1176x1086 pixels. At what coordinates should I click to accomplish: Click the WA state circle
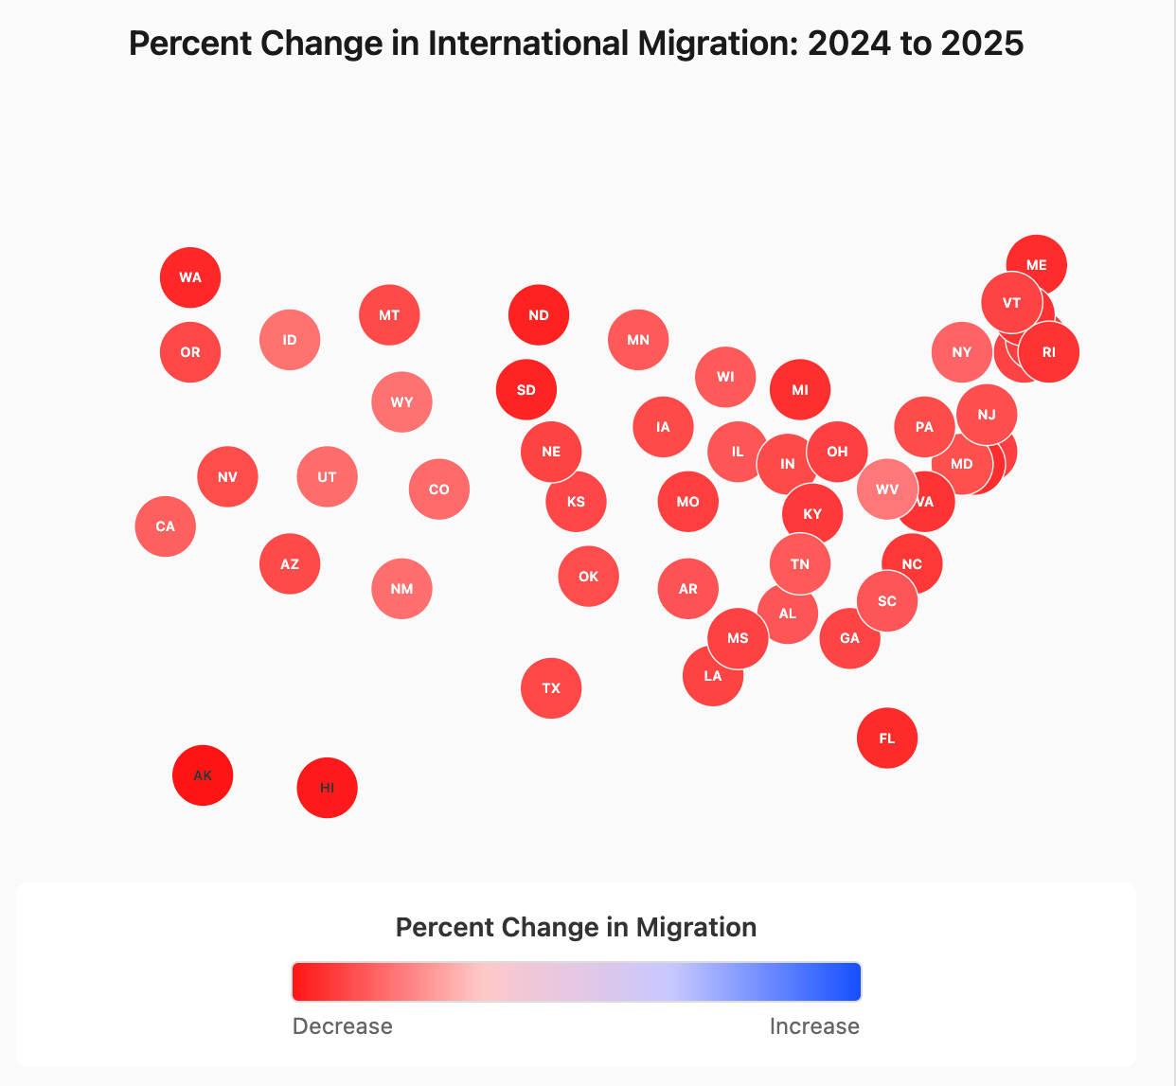(x=190, y=277)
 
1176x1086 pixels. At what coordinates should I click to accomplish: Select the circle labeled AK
(x=203, y=775)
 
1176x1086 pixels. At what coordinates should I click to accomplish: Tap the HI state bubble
(x=327, y=788)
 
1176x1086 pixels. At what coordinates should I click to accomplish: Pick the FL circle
(x=887, y=739)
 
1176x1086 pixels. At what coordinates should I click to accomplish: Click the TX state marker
(x=551, y=688)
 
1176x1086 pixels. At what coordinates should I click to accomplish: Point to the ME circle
(x=1037, y=265)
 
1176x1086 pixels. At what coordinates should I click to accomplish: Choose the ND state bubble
(x=539, y=315)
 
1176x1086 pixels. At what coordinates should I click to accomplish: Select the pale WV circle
(x=887, y=490)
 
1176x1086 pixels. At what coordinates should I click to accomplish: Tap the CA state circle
(x=166, y=526)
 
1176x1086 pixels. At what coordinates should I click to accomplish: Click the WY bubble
(x=401, y=402)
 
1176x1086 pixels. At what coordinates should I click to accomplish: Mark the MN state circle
(x=638, y=340)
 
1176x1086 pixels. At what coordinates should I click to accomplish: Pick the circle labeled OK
(x=589, y=577)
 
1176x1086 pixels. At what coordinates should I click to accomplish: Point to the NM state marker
(x=401, y=589)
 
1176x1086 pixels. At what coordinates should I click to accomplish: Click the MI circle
(x=800, y=390)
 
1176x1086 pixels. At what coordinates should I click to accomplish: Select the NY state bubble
(x=962, y=352)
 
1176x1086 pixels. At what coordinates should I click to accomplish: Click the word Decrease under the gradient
(x=343, y=1026)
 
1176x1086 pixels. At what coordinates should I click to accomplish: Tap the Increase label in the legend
(x=814, y=1026)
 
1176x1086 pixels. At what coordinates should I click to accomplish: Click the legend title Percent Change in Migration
(x=576, y=927)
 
